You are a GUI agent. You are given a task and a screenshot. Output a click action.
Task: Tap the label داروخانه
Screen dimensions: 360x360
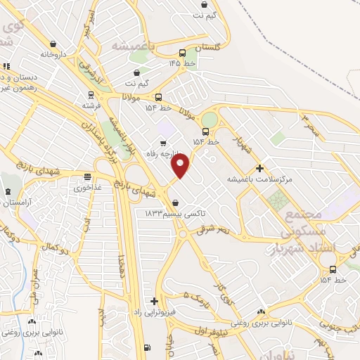pos(53,54)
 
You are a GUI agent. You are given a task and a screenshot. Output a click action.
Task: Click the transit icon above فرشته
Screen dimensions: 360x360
pos(90,94)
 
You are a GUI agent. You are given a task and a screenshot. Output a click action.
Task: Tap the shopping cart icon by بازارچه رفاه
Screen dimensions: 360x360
pos(163,144)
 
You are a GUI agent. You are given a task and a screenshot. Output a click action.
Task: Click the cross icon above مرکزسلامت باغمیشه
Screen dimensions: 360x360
pos(260,168)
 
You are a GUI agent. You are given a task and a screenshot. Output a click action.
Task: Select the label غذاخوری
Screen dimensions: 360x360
pos(87,188)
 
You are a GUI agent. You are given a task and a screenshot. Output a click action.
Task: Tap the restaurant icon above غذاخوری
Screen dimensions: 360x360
pos(87,177)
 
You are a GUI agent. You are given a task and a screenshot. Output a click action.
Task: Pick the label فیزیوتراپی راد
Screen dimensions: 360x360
pos(158,311)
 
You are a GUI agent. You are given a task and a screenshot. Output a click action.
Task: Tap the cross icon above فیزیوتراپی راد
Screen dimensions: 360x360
pos(154,301)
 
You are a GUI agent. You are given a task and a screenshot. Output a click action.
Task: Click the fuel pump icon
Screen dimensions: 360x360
pos(146,347)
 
